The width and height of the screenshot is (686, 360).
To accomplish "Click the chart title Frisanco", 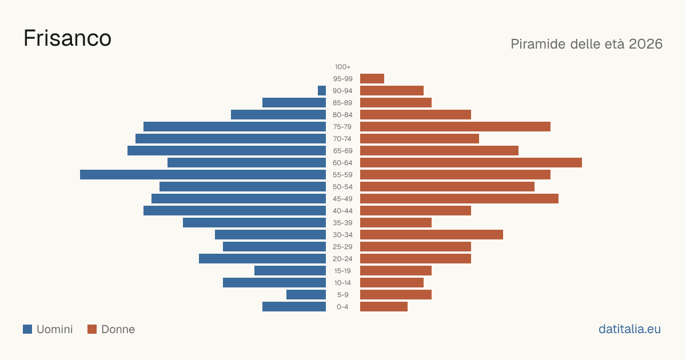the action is pyautogui.click(x=67, y=38).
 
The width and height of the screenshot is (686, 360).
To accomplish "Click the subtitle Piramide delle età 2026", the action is pyautogui.click(x=587, y=44).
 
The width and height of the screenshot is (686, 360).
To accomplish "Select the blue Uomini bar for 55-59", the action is pyautogui.click(x=203, y=174).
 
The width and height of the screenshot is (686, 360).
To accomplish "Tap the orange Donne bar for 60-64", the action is pyautogui.click(x=471, y=162).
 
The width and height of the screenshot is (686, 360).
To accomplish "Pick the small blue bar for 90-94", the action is pyautogui.click(x=322, y=91).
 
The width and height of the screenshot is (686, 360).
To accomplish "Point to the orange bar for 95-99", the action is pyautogui.click(x=372, y=79).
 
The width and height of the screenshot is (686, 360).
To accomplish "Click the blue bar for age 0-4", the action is pyautogui.click(x=294, y=307).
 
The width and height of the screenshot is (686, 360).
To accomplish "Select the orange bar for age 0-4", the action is pyautogui.click(x=384, y=307).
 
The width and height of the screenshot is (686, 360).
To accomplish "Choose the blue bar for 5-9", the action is pyautogui.click(x=306, y=294).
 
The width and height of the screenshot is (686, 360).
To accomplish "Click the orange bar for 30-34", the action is pyautogui.click(x=432, y=234).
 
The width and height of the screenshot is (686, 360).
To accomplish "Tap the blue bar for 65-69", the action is pyautogui.click(x=226, y=151).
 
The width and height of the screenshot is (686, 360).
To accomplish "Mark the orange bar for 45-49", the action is pyautogui.click(x=460, y=199).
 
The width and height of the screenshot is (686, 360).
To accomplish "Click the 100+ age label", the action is pyautogui.click(x=342, y=67).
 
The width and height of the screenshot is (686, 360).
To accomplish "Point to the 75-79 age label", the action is pyautogui.click(x=342, y=127).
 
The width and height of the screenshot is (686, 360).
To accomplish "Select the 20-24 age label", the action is pyautogui.click(x=342, y=259).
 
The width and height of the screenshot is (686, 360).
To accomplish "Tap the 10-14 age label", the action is pyautogui.click(x=342, y=282).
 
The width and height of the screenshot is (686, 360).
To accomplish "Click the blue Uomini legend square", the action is pyautogui.click(x=27, y=329).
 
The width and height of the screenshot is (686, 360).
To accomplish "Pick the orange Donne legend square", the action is pyautogui.click(x=92, y=329).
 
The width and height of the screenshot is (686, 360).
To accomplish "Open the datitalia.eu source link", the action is pyautogui.click(x=629, y=329).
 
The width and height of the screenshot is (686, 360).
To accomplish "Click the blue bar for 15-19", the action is pyautogui.click(x=290, y=271).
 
